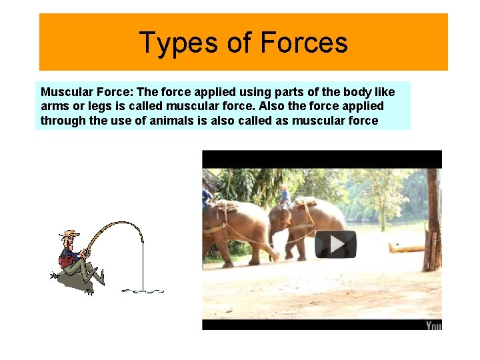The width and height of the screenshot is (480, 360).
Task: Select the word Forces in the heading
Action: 304,43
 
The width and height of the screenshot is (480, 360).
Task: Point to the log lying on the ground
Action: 406,248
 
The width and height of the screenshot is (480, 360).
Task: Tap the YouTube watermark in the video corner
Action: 433,325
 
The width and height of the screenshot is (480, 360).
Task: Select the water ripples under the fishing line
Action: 143,291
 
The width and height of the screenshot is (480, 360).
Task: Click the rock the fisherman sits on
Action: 73,280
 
